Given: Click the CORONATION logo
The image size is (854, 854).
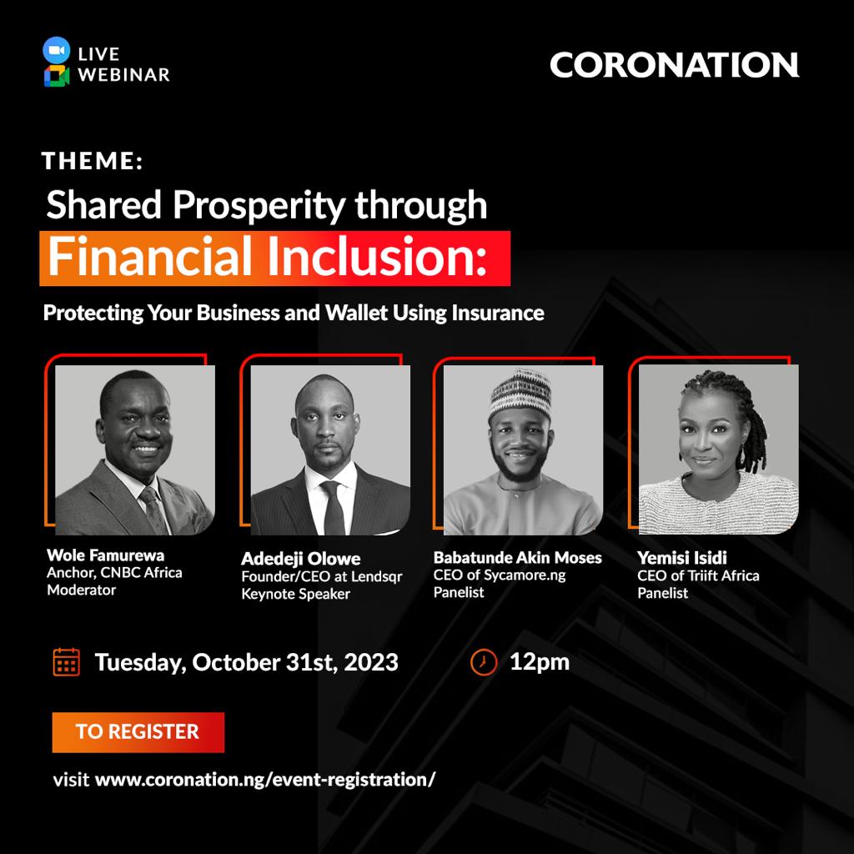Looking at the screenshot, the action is point(674,65).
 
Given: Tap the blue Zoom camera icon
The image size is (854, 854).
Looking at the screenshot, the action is point(57,50).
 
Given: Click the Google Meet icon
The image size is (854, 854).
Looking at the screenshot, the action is point(57,76).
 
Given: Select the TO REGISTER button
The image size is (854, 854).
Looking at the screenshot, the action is point(138,732).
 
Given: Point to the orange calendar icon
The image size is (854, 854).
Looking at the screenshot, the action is point(67,661).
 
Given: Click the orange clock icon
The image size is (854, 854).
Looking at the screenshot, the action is point(484,662).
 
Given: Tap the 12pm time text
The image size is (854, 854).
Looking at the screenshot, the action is point(540,662).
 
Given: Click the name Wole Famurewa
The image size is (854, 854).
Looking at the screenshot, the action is point(106,555).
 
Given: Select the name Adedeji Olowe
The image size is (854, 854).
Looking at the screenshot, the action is point(300,558).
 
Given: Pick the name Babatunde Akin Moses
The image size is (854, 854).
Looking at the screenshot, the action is point(517,557).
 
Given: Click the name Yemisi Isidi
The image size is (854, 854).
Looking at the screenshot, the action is point(682,557).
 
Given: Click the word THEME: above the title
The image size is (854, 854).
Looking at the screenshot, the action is point(92,161).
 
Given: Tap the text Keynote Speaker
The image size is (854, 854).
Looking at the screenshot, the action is point(296,594).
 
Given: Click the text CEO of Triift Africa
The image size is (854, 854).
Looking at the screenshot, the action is point(698,575).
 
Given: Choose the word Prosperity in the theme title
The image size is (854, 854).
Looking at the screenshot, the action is point(259,206).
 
